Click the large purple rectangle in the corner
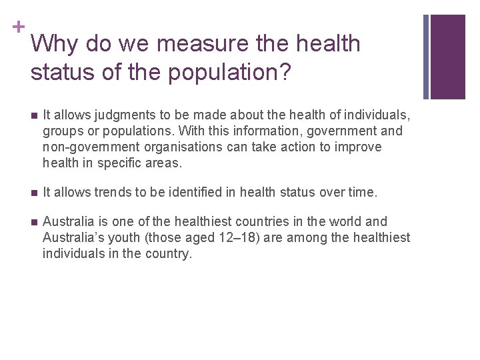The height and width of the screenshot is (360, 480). (x=448, y=56)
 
